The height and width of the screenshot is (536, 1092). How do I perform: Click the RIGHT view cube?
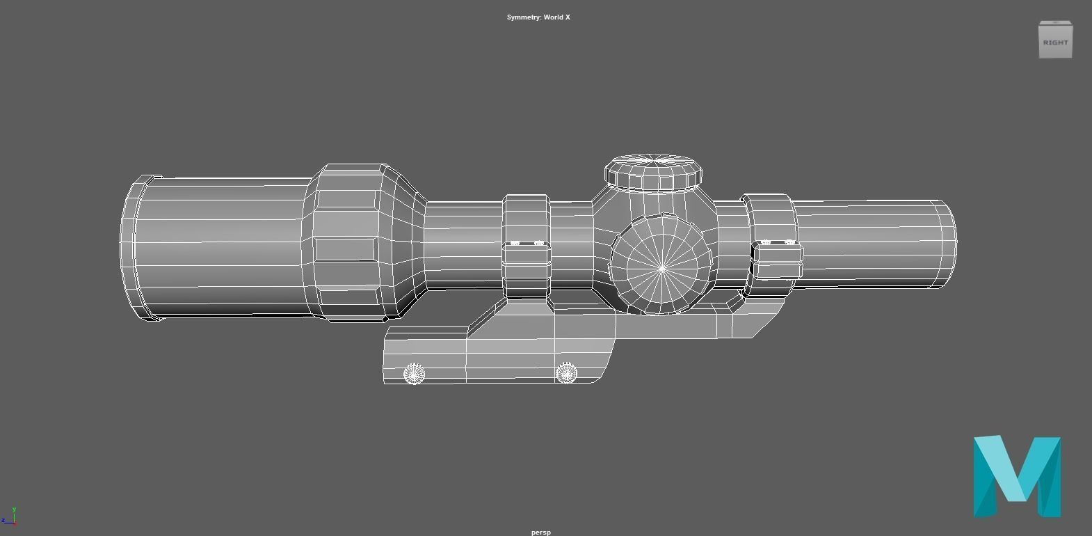pos(1055,41)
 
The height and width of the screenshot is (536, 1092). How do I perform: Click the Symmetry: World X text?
pos(538,17)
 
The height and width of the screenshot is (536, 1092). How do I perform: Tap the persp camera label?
pos(540,532)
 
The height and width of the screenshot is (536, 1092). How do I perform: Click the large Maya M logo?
pos(1017,477)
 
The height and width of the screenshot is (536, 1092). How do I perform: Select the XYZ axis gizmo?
pos(9,517)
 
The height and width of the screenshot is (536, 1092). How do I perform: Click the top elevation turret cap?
pos(653,171)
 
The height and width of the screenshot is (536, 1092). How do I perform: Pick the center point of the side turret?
pos(662,267)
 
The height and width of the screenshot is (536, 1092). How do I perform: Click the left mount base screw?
pos(414,374)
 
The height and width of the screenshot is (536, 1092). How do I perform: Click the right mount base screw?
pos(566,373)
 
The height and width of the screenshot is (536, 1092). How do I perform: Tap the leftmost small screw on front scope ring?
pos(515,243)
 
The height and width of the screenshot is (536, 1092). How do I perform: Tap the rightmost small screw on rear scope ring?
pos(789,242)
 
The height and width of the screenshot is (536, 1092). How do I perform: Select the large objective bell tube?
pos(223,247)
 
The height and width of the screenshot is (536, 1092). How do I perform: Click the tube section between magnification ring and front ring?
pos(463,244)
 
